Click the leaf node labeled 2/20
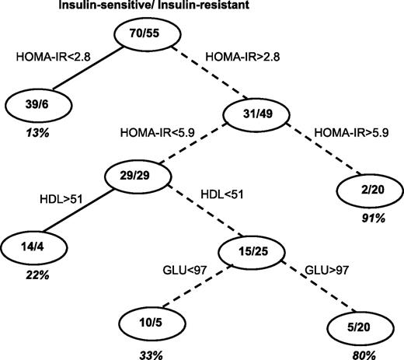coord(367,190)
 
